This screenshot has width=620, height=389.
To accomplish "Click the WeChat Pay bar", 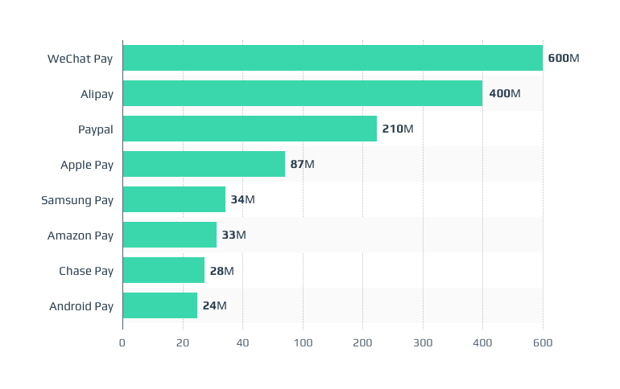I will coord(333,58).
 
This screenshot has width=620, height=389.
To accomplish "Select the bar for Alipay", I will coord(303,93).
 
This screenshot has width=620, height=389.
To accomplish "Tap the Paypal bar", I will coord(250,129).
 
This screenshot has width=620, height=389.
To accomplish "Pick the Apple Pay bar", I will coord(204,164).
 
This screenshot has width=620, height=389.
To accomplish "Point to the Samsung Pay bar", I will coord(174,199).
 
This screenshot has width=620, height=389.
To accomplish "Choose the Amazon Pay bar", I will coord(170,235).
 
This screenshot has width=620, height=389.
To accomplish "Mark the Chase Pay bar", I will coord(163,270).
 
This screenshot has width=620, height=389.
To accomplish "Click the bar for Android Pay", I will coord(160,305).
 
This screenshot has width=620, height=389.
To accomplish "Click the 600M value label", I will coord(564,59).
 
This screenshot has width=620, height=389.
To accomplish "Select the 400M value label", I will coord(505,94).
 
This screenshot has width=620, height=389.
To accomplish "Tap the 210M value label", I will coord(398,129).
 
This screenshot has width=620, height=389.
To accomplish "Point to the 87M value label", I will coord(303,165).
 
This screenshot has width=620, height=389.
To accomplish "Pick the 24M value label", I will coord(215,306).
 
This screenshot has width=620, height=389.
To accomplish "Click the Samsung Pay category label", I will coord(77,200).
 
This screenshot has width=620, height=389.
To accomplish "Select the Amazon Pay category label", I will coord(81,235).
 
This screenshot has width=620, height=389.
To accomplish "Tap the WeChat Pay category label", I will coord(81,59).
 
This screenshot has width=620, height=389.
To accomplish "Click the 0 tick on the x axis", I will coord(122,343).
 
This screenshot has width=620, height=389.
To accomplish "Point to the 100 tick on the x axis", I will coord(303,343).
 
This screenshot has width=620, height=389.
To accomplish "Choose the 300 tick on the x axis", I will coord(423,343).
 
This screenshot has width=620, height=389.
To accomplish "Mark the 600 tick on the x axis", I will coord(543,343).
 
